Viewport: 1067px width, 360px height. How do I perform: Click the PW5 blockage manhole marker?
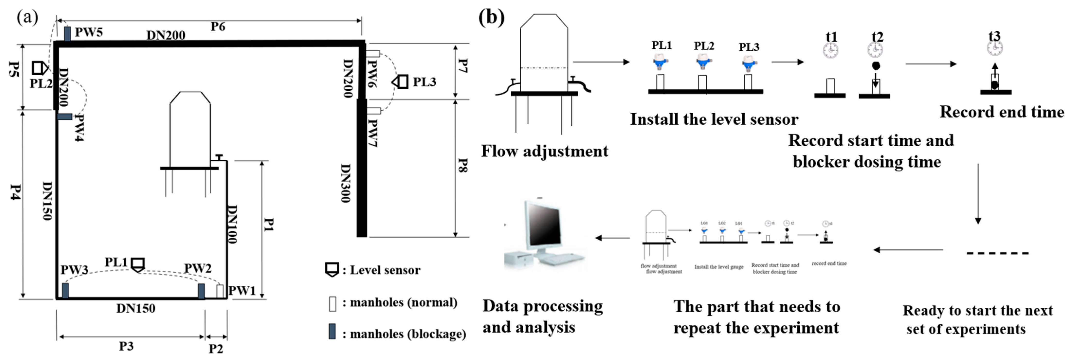[x=67, y=34]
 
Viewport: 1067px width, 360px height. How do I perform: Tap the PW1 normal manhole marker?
[x=220, y=291]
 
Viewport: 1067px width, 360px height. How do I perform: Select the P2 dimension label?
[x=216, y=349]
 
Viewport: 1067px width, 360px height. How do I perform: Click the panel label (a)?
[x=27, y=18]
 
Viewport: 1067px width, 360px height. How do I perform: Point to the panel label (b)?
[x=491, y=18]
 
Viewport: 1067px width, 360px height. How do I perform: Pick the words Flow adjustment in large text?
[x=545, y=151]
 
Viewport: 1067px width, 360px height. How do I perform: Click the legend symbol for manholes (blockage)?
[x=332, y=332]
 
